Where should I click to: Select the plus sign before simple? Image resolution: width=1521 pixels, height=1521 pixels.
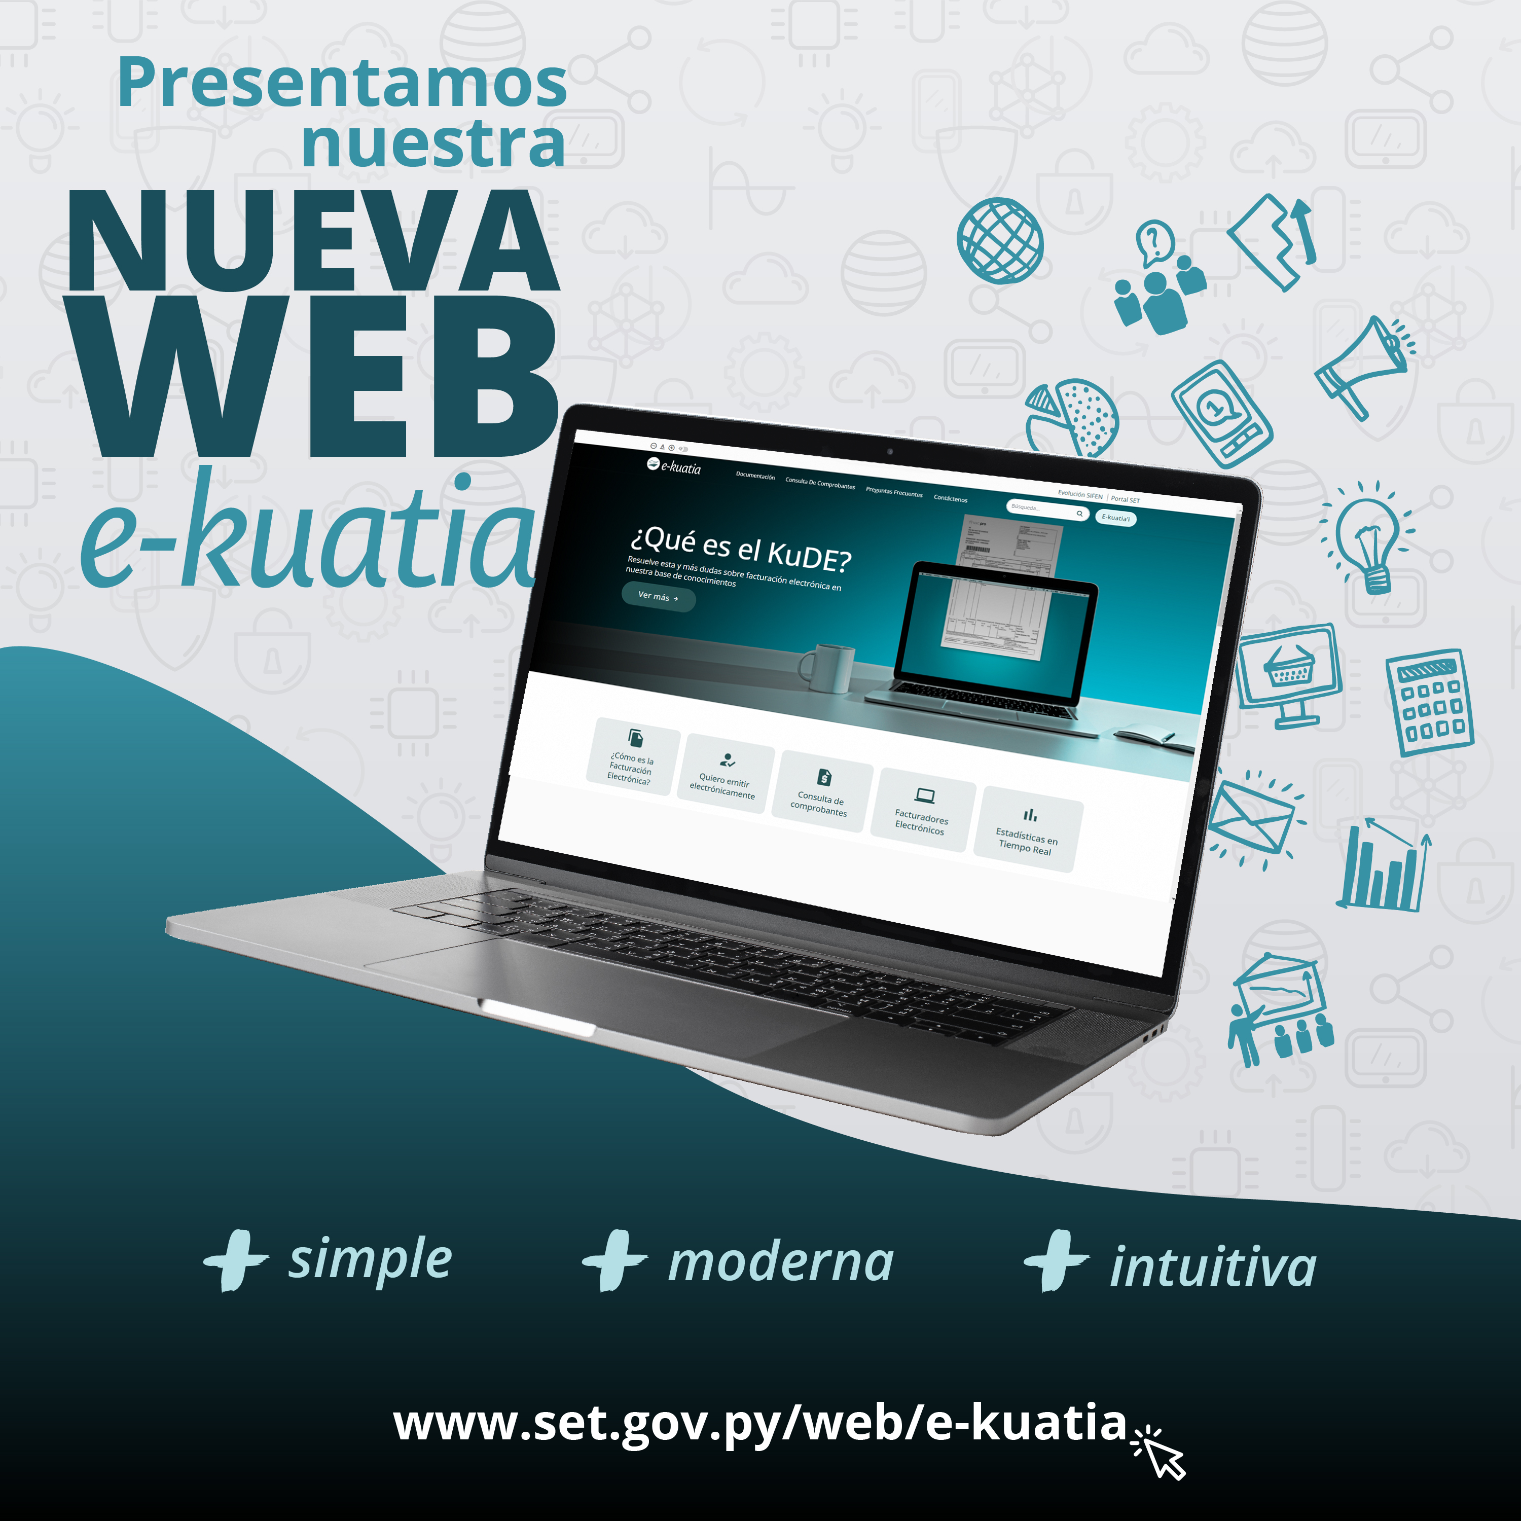[x=235, y=1260]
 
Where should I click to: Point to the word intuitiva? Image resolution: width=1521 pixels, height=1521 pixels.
[x=1212, y=1267]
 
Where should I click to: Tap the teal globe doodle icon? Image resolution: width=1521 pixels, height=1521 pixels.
[x=1000, y=240]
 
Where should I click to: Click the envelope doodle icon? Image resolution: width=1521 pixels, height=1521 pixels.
[x=1252, y=819]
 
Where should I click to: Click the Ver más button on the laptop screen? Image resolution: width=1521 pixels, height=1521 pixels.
[x=658, y=597]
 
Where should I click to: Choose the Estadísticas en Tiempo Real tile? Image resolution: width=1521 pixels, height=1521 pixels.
[x=1027, y=830]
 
